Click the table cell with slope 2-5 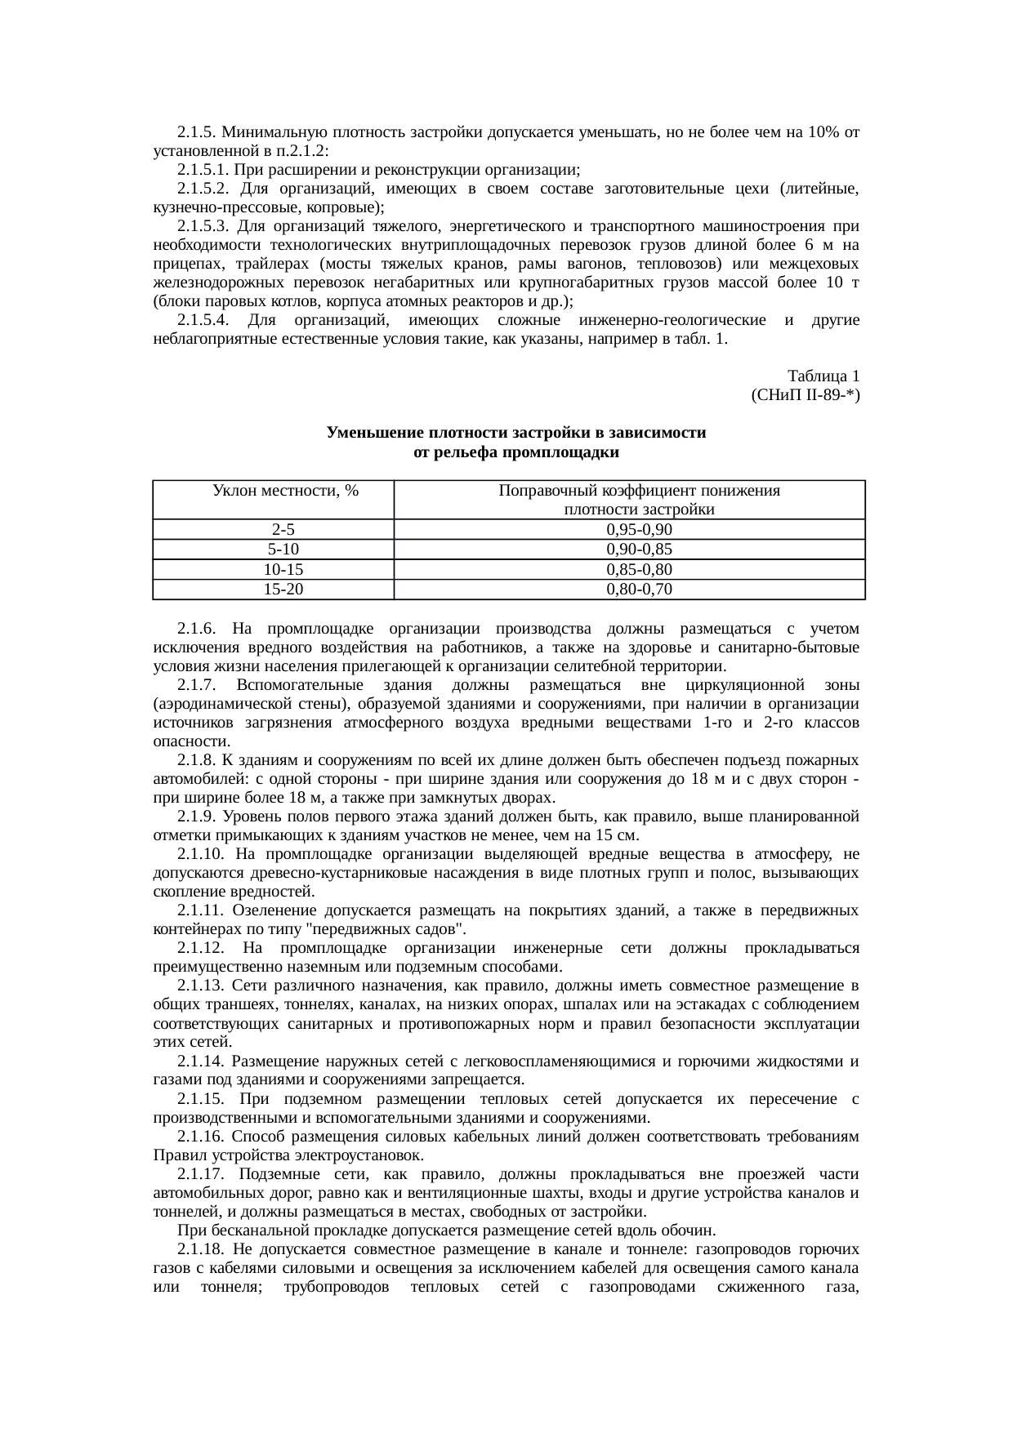[x=272, y=529]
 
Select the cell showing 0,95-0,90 [x=629, y=529]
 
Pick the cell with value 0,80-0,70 [x=629, y=589]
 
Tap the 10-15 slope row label [x=272, y=569]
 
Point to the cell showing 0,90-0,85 [x=629, y=549]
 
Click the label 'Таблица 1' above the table [x=823, y=376]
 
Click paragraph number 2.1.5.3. [x=203, y=226]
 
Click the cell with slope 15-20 [x=272, y=589]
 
